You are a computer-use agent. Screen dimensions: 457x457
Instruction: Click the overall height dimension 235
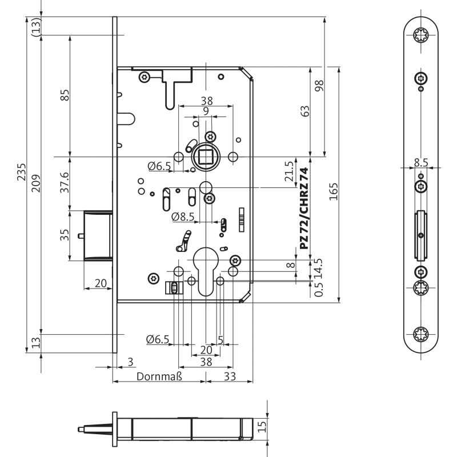click(x=22, y=171)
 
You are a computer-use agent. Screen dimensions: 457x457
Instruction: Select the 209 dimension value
click(x=36, y=183)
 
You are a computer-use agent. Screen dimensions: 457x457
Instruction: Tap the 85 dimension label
click(x=65, y=95)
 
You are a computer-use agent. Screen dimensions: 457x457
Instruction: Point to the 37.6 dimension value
click(x=65, y=182)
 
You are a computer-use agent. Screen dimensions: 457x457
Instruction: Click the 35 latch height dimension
click(x=65, y=234)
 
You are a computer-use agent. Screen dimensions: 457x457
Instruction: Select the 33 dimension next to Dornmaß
click(x=229, y=376)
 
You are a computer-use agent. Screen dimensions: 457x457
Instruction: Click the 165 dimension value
click(x=334, y=191)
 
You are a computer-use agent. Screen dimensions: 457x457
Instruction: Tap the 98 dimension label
click(x=319, y=85)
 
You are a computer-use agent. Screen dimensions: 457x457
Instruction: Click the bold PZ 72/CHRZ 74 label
click(x=304, y=208)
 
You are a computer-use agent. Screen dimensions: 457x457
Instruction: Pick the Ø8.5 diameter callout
click(x=183, y=217)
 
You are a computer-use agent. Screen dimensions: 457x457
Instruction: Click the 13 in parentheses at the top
click(x=36, y=26)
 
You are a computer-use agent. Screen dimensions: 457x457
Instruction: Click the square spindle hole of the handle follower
click(x=205, y=156)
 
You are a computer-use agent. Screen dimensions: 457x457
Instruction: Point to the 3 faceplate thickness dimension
click(x=130, y=362)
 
